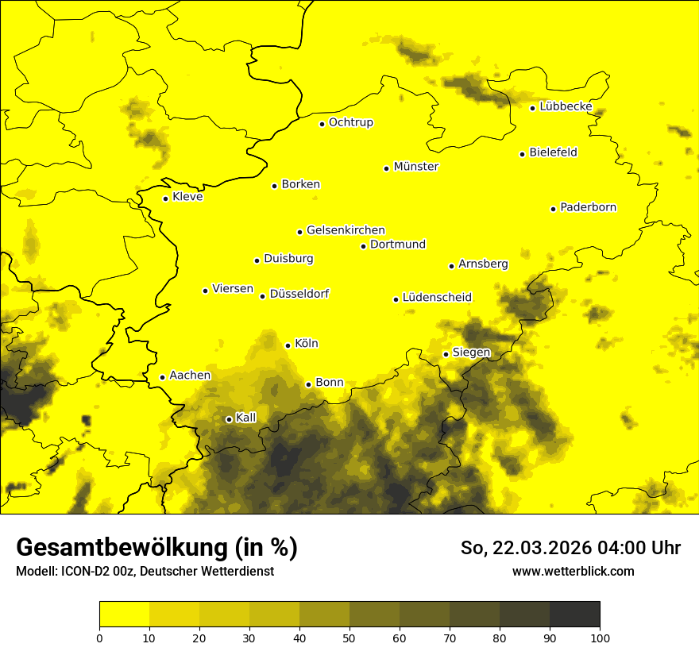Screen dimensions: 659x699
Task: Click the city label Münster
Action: click(x=415, y=167)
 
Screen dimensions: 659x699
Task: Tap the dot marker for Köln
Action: click(x=288, y=345)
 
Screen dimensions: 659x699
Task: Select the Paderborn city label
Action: click(x=588, y=207)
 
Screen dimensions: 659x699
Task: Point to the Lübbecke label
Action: click(x=566, y=106)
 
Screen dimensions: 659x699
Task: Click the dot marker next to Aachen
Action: click(x=162, y=377)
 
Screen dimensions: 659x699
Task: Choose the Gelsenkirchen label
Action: click(x=346, y=230)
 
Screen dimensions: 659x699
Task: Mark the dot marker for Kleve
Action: click(x=165, y=198)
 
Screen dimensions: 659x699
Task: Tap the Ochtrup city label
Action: click(x=350, y=122)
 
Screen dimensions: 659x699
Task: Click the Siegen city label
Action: click(x=471, y=352)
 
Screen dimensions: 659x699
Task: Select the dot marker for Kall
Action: click(x=229, y=419)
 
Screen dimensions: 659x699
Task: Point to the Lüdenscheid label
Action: click(x=437, y=298)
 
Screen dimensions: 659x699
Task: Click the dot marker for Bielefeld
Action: click(x=523, y=154)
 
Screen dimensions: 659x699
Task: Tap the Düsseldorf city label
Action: click(x=299, y=294)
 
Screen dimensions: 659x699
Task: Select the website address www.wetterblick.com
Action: click(x=573, y=571)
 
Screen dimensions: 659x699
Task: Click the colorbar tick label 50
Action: click(x=349, y=638)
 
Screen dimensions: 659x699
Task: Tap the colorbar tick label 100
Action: click(x=600, y=638)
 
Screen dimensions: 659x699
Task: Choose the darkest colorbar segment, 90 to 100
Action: click(x=574, y=614)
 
